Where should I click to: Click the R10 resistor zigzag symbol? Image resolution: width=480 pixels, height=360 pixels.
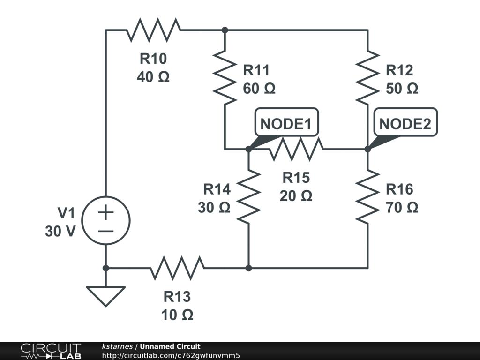[153, 30]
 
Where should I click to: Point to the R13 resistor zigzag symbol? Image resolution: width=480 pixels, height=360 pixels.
[177, 268]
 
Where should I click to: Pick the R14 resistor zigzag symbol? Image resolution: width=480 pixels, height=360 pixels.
[249, 196]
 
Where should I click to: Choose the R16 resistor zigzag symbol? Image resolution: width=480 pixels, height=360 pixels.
[367, 196]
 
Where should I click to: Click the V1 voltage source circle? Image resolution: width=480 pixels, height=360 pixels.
[106, 220]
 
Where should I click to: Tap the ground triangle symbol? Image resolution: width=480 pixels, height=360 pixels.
[106, 295]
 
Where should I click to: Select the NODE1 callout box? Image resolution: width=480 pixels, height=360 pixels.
[286, 124]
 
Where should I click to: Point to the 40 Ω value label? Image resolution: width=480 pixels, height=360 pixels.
[153, 77]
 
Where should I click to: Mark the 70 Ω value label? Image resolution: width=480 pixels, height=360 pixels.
[402, 207]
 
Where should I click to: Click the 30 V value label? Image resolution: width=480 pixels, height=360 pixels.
[60, 231]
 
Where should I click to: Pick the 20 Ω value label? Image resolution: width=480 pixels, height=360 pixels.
[296, 196]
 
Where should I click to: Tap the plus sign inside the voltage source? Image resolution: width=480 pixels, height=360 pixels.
[106, 212]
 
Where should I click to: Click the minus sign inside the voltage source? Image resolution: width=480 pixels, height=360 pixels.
[106, 231]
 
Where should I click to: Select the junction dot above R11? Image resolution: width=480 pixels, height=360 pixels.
[225, 30]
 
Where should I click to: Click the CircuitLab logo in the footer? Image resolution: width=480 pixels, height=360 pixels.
[51, 351]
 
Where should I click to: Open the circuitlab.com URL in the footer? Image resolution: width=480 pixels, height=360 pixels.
[171, 355]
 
